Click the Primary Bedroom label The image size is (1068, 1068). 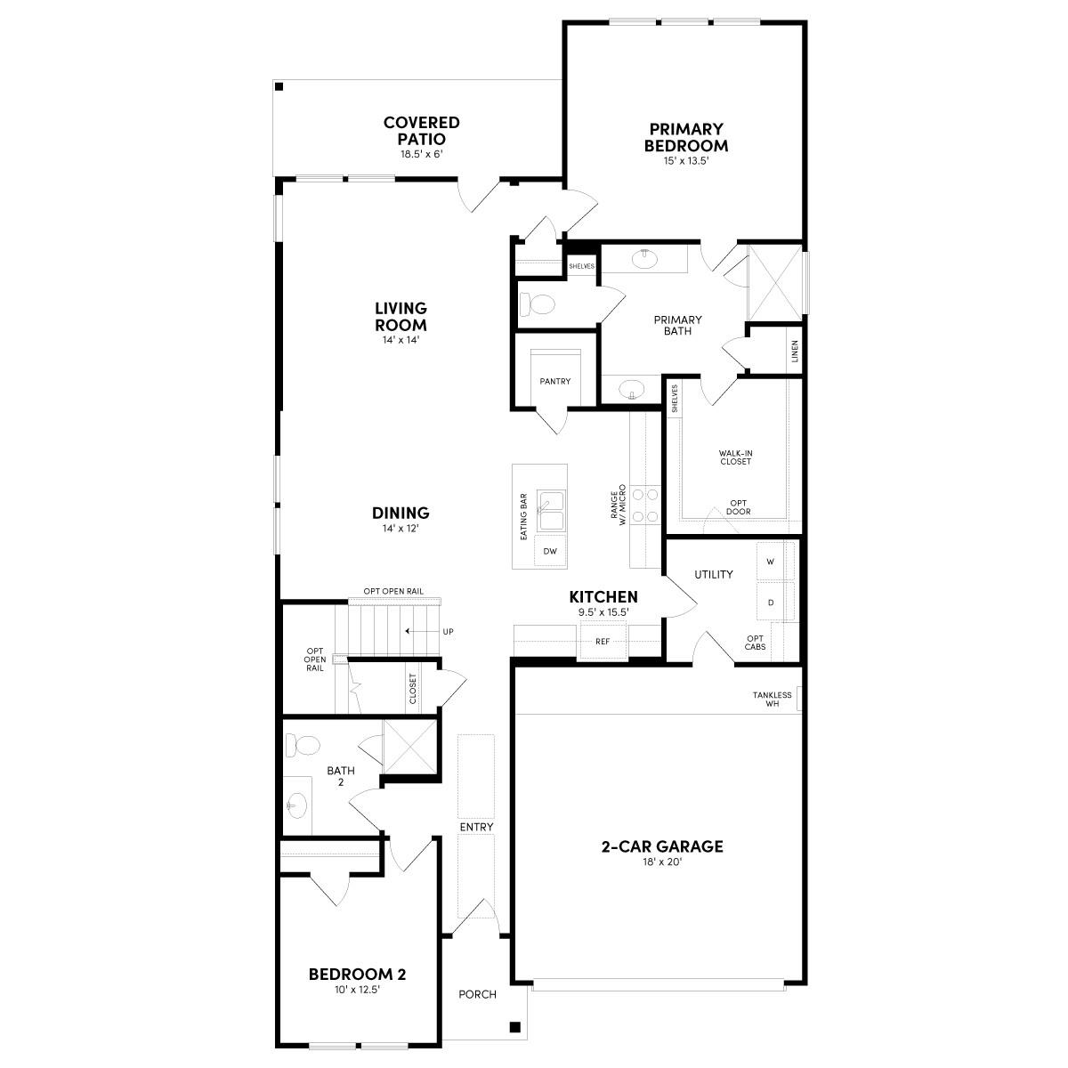click(x=686, y=138)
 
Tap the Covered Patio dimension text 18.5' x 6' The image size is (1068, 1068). click(x=421, y=154)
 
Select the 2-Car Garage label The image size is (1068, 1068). click(x=660, y=846)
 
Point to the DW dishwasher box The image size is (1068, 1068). click(x=551, y=552)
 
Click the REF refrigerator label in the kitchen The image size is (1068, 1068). click(x=603, y=641)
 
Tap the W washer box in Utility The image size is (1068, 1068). click(x=770, y=562)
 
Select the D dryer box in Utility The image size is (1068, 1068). click(x=770, y=603)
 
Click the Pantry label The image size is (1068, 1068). click(x=554, y=381)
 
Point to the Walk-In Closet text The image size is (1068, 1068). click(x=735, y=457)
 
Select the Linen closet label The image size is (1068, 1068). click(x=795, y=351)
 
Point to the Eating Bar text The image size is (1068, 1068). click(x=524, y=516)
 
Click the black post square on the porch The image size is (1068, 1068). click(x=514, y=1027)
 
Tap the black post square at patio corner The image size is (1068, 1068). click(x=279, y=86)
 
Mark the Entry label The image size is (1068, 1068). click(x=476, y=827)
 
